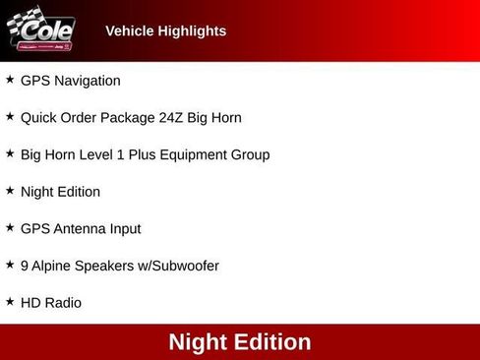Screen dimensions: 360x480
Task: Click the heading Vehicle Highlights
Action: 165,31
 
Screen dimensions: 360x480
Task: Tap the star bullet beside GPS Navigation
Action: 10,80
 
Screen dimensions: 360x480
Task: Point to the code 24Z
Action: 171,118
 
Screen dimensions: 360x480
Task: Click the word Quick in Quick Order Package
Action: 38,118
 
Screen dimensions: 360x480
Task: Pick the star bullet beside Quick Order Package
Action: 10,116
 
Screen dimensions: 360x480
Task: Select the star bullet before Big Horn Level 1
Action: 10,153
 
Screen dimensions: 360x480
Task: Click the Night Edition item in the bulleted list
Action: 60,192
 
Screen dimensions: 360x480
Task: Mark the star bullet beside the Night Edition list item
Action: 10,190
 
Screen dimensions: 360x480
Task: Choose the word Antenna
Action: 80,229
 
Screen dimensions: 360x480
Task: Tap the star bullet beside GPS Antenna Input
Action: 10,227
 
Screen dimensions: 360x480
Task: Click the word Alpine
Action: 53,267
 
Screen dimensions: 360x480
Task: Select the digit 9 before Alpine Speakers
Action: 25,267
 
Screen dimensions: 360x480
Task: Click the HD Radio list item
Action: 51,303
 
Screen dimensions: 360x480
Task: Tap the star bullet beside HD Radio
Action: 10,301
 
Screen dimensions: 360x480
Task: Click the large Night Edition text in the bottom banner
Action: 240,342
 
